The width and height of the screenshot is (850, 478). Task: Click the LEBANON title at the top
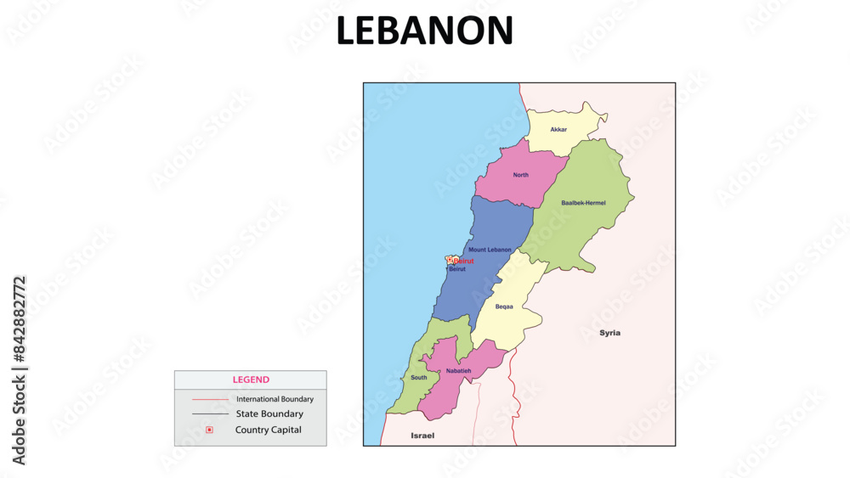(x=424, y=31)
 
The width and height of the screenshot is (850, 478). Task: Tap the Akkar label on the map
(x=558, y=130)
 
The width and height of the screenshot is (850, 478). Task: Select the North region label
(x=520, y=175)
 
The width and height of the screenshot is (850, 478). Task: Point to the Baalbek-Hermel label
(x=583, y=203)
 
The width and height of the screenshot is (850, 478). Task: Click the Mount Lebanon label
(x=490, y=250)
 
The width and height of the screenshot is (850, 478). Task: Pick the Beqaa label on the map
(x=504, y=306)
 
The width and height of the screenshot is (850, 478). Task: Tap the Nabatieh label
(x=458, y=371)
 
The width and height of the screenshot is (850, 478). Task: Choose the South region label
(x=419, y=378)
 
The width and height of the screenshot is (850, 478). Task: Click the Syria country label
(x=609, y=333)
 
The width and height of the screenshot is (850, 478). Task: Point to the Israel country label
(x=422, y=436)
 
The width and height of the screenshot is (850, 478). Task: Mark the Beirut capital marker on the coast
(x=451, y=260)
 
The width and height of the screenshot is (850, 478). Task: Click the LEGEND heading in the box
(x=251, y=380)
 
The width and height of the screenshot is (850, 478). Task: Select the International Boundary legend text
(x=275, y=399)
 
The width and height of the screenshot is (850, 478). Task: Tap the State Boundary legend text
(x=269, y=414)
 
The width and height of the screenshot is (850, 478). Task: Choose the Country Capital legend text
(x=269, y=430)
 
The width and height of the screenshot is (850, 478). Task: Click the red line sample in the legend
(x=210, y=399)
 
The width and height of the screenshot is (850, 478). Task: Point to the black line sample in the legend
(x=210, y=414)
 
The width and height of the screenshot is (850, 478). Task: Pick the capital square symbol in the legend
(x=209, y=430)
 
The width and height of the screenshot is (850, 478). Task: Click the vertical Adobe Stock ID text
(x=20, y=370)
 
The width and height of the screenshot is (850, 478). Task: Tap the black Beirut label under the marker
(x=457, y=269)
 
